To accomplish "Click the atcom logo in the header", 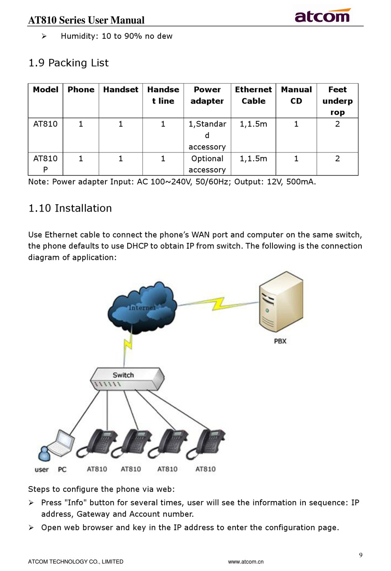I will point(322,16).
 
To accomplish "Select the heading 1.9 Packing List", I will point(68,63).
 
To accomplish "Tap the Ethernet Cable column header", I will point(253,95).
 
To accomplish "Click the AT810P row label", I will point(45,164).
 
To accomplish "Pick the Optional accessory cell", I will point(207,164).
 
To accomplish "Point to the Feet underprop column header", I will point(337,101).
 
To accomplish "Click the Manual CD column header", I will point(296,95).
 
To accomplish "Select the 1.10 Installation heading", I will point(70,208).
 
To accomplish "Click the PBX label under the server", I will point(280,341).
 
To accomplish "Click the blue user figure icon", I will point(43,454).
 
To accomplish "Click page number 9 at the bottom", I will point(361,555).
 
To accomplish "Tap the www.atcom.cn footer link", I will point(246,562).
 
